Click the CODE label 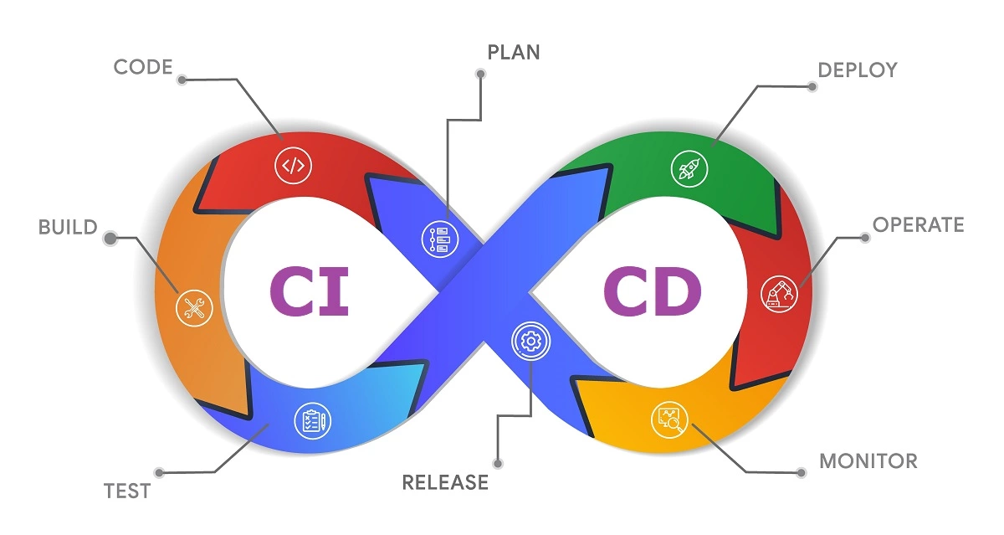[x=142, y=67]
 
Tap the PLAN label [x=514, y=52]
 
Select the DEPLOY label [x=857, y=69]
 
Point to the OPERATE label [x=918, y=224]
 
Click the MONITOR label [x=868, y=460]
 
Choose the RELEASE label [x=445, y=481]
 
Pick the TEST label [x=127, y=491]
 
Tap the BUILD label [x=68, y=227]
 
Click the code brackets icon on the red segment [x=293, y=165]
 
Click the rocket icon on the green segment [x=689, y=167]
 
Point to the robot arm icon [x=779, y=293]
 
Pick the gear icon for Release [x=529, y=341]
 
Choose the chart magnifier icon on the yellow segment [x=668, y=419]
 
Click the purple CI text [x=309, y=290]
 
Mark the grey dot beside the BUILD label [x=110, y=239]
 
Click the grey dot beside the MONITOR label [x=802, y=472]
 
